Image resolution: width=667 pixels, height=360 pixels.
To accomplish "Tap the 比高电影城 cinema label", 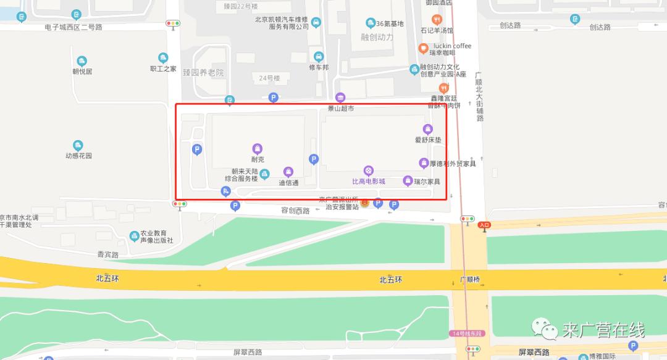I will point(368,182).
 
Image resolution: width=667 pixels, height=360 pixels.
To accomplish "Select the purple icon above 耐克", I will point(258,148).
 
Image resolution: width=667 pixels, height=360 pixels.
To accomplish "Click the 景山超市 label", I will point(340,109).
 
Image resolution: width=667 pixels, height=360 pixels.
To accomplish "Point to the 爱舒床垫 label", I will point(428,140).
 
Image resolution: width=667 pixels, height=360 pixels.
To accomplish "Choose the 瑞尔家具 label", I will point(427,182).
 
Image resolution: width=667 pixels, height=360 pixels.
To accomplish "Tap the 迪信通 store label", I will point(288,183).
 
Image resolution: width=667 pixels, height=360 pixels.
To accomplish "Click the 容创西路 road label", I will point(295,211).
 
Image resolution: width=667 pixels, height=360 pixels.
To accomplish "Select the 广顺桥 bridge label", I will point(469,280).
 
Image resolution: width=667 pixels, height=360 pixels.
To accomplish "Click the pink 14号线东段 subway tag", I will point(467,333).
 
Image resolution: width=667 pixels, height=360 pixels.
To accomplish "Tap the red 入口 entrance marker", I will point(484,225).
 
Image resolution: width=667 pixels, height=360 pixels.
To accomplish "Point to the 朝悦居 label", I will point(82,72).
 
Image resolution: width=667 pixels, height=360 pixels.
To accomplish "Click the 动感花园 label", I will point(78,156).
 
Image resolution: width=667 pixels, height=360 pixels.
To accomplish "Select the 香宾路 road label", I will point(107,254).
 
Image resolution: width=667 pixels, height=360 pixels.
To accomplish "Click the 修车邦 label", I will point(319,67).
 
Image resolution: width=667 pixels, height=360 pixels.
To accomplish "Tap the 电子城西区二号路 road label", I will point(73,27).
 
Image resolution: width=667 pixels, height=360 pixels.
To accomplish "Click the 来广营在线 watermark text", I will point(603,331).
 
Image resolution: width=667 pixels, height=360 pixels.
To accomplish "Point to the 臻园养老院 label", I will point(203,73).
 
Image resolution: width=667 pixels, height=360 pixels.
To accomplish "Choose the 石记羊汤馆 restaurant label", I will point(437,30).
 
